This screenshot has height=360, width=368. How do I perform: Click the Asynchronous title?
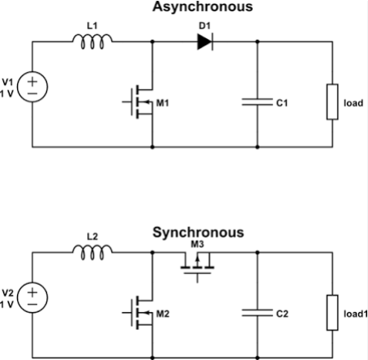click(x=203, y=7)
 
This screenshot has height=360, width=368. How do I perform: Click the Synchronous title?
click(x=199, y=233)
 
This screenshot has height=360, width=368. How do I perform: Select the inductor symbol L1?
click(x=92, y=41)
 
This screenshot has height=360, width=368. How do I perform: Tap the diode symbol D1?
click(x=205, y=41)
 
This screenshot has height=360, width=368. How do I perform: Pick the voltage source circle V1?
click(x=32, y=87)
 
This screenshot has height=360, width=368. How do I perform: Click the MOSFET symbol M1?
click(x=138, y=102)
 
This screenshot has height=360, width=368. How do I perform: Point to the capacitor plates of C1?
click(x=257, y=102)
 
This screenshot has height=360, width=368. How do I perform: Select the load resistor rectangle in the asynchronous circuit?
click(x=332, y=102)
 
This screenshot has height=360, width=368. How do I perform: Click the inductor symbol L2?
click(x=92, y=252)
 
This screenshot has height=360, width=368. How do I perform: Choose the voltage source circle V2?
click(x=32, y=298)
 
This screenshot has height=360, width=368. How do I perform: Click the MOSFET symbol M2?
click(x=138, y=313)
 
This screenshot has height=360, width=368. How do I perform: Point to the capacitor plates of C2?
click(x=257, y=313)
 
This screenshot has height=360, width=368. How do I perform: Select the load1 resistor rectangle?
click(x=332, y=313)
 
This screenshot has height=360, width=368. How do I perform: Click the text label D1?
click(x=204, y=26)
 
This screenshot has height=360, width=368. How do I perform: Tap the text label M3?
click(x=197, y=244)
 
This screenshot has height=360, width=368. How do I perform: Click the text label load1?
click(x=356, y=314)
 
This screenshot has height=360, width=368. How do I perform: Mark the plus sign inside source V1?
click(x=32, y=81)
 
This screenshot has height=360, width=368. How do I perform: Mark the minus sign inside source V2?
click(x=32, y=305)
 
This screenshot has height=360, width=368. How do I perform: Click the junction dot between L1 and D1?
click(x=152, y=41)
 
